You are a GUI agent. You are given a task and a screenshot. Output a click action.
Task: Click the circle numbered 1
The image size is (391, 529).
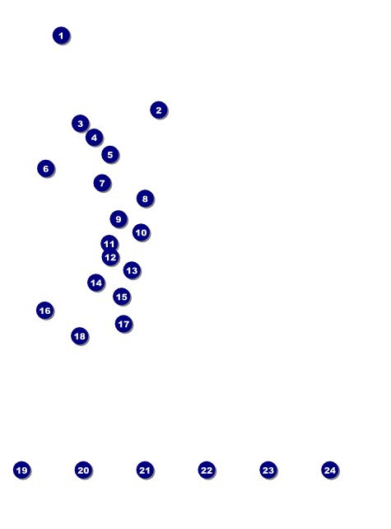coord(61,35)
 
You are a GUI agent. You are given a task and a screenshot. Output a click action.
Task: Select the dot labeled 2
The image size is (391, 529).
coord(159,110)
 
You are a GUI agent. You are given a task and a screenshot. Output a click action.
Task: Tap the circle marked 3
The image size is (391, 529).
coord(80,124)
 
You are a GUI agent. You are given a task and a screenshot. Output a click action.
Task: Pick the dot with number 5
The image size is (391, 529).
coord(109,155)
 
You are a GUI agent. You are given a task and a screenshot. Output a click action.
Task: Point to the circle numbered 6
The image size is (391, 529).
coord(46,168)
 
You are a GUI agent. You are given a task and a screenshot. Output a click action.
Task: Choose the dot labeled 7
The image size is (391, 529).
coord(102,183)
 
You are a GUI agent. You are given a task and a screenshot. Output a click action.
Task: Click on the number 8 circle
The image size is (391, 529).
coord(145,199)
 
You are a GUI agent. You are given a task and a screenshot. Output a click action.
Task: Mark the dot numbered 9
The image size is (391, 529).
coord(119,219)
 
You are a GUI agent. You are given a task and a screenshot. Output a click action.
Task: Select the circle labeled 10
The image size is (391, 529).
coord(142,232)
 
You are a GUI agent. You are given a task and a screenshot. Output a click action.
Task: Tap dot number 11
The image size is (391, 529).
coord(109,243)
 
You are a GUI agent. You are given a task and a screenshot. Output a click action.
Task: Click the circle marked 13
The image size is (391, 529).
coord(132,270)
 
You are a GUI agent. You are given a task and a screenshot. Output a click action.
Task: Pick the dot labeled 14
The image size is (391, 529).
coord(96,283)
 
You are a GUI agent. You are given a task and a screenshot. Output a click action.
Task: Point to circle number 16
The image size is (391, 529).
coord(44,311)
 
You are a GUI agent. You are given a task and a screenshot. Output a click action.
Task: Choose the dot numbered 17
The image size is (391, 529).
coord(123,324)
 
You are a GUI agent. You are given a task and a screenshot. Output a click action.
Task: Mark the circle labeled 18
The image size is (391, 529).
coord(80,335)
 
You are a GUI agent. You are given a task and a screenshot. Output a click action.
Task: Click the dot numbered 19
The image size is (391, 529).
coord(22,470)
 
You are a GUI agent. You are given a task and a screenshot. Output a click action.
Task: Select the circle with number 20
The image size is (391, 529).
coord(84,470)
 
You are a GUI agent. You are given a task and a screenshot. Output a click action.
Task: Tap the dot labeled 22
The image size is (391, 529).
coord(207,470)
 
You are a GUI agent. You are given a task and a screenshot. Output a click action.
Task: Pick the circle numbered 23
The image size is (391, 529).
coord(268,470)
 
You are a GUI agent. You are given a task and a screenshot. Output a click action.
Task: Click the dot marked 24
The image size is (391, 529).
coord(330,470)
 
